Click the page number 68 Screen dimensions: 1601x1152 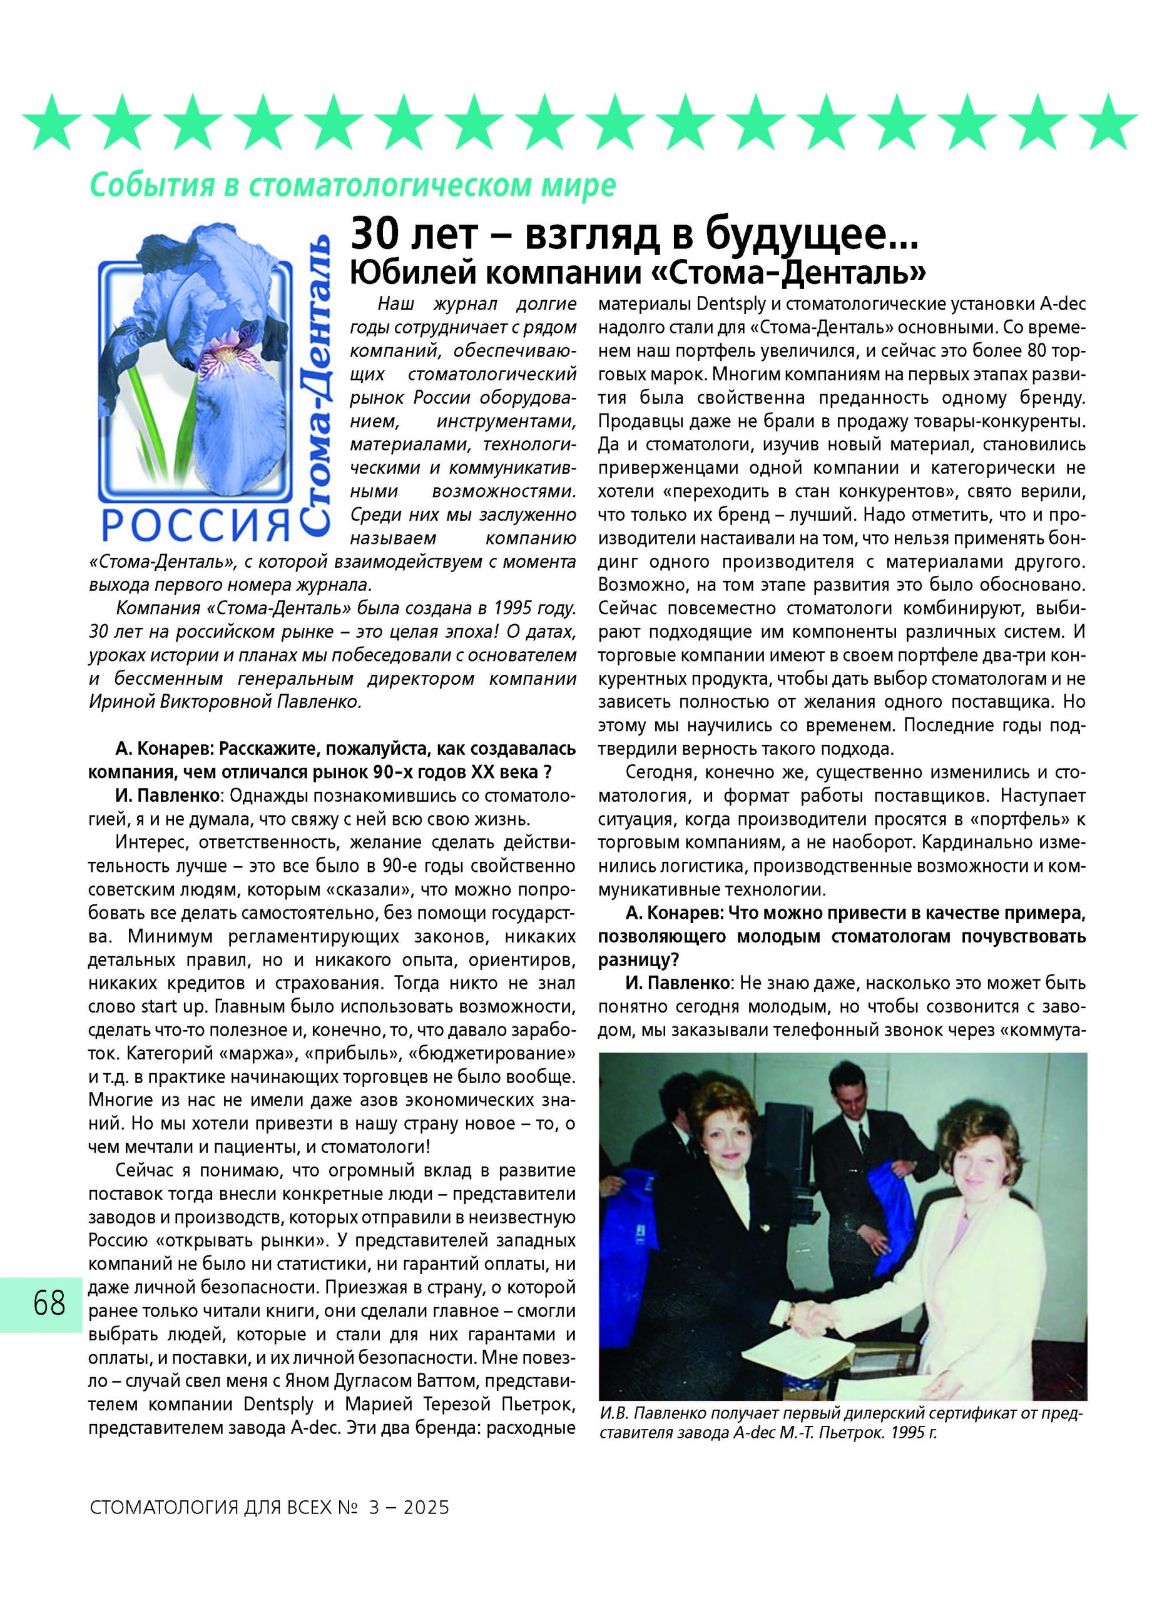[49, 1303]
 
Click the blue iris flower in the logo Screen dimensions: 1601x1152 [212, 367]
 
